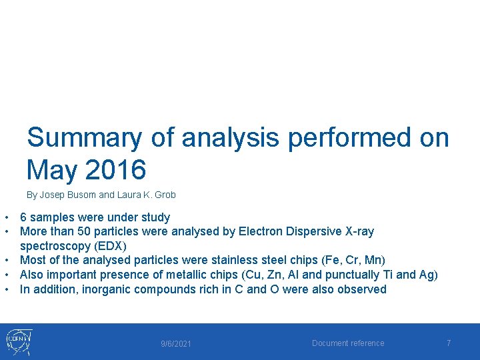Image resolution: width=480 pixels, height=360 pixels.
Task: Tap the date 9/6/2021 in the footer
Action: tap(176, 344)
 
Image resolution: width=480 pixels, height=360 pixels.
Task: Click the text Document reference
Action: tap(348, 343)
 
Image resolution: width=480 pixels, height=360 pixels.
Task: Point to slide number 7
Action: tap(449, 343)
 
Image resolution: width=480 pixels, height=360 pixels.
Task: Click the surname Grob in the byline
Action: tap(165, 195)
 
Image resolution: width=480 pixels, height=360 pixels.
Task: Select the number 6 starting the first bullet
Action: tap(23, 217)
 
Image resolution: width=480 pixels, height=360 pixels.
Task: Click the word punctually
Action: tap(354, 275)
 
